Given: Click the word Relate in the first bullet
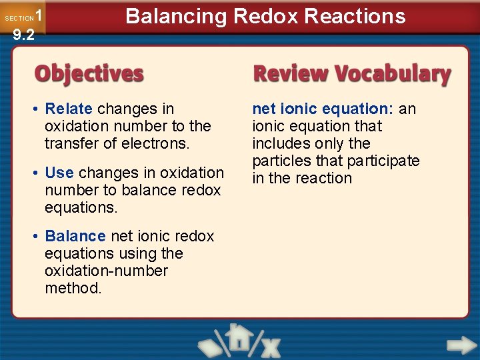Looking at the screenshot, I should point(69,109).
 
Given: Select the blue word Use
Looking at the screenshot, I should point(59,173).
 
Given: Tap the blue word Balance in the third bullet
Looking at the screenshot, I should point(75,236).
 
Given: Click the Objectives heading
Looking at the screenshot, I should point(89,73).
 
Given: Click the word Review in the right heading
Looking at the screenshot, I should point(291,73).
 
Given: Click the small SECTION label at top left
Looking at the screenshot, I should point(19,19).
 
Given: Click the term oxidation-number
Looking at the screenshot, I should point(106,271).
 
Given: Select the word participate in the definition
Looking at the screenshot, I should point(386,161).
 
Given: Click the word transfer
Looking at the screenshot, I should point(69,143).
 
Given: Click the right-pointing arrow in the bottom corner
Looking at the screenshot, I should point(460,345).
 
